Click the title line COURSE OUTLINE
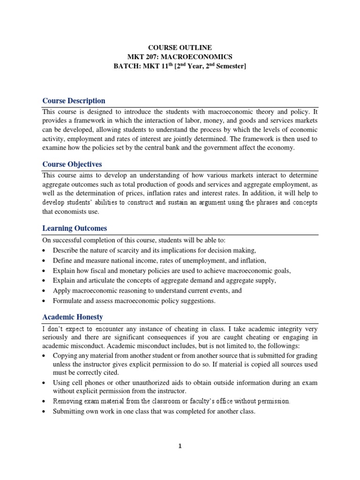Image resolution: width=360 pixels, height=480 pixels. (180, 47)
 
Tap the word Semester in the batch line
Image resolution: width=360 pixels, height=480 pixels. (229, 67)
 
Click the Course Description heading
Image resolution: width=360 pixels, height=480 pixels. (74, 101)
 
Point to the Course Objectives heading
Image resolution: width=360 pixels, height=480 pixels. (72, 165)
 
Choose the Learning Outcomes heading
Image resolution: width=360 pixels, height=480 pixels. (75, 228)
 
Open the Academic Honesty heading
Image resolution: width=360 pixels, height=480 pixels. (73, 317)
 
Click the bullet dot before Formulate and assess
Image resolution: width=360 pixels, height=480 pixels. (44, 301)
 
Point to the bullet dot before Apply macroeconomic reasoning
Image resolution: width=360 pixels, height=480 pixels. (44, 291)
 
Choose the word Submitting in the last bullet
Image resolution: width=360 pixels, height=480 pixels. (70, 412)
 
